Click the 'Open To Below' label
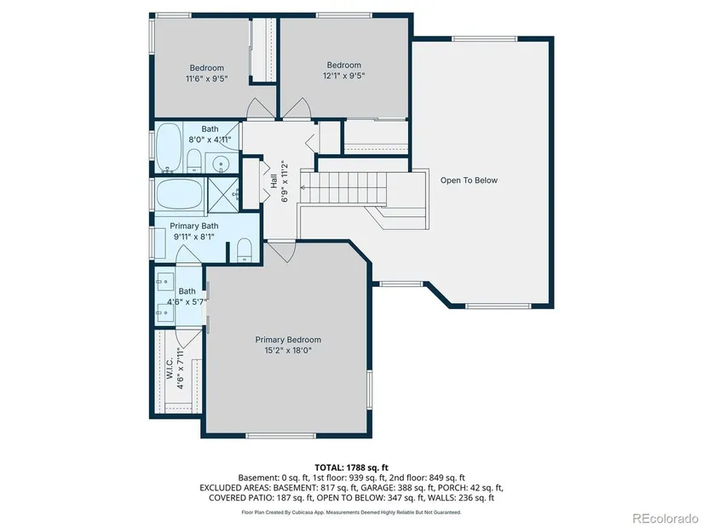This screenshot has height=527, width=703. click(469, 180)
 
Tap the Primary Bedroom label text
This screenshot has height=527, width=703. click(288, 340)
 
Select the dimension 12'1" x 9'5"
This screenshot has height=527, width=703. click(344, 76)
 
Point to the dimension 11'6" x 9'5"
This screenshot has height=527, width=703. click(207, 79)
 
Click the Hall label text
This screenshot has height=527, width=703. click(274, 181)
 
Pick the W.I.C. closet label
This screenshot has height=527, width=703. click(170, 369)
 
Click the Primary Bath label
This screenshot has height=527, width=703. click(194, 226)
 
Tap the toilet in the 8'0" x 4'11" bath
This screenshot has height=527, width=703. click(193, 160)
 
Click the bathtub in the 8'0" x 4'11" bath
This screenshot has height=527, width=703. click(169, 147)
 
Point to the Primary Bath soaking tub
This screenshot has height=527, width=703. click(179, 193)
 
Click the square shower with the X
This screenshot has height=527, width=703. click(223, 194)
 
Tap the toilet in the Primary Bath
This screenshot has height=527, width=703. click(244, 249)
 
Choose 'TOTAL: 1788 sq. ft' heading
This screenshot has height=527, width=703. click(351, 468)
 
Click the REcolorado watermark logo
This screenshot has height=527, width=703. click(665, 518)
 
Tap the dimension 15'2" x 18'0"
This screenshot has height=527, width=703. click(288, 350)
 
